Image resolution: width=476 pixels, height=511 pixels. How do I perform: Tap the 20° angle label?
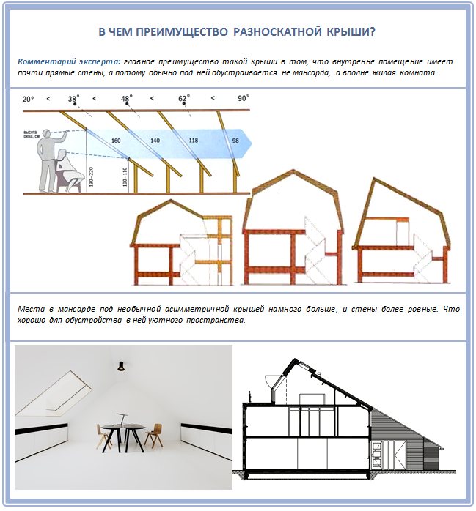pyautogui.click(x=29, y=98)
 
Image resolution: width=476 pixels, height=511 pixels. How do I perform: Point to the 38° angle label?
pyautogui.click(x=73, y=98)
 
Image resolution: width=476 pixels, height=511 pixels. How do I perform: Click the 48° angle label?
pyautogui.click(x=127, y=98)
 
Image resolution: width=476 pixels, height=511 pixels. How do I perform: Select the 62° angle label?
pyautogui.click(x=183, y=98)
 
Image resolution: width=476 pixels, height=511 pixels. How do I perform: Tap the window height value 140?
pyautogui.click(x=155, y=140)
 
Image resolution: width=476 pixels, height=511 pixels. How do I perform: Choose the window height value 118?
pyautogui.click(x=193, y=140)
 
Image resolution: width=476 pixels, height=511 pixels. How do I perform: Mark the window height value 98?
pyautogui.click(x=235, y=140)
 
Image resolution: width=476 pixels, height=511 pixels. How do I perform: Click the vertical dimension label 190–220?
pyautogui.click(x=89, y=176)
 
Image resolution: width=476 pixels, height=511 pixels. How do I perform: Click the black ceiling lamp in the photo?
pyautogui.click(x=120, y=365)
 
